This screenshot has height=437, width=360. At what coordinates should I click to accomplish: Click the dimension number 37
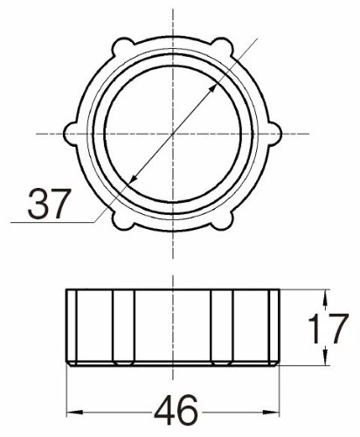coord(49,204)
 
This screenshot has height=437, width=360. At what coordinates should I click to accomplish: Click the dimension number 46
coord(176,410)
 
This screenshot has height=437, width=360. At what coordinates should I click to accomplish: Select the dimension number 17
coord(328,328)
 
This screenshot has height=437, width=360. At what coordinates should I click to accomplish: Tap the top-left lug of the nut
coord(121,47)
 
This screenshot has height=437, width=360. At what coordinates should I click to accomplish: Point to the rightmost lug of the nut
coord(274,134)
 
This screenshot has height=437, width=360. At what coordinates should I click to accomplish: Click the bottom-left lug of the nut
coord(121,220)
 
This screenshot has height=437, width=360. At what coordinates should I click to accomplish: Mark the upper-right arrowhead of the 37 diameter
coord(213,88)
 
